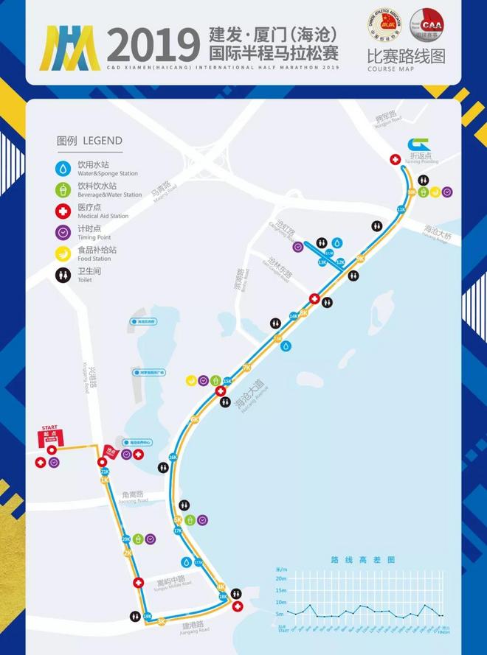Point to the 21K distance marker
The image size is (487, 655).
(104, 472)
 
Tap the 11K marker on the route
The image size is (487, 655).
(401, 210)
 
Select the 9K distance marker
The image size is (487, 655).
(360, 258)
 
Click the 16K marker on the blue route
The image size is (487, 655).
(173, 458)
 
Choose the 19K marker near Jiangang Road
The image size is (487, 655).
(147, 616)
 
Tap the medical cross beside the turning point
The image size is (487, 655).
(396, 159)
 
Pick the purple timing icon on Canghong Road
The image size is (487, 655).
(297, 248)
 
